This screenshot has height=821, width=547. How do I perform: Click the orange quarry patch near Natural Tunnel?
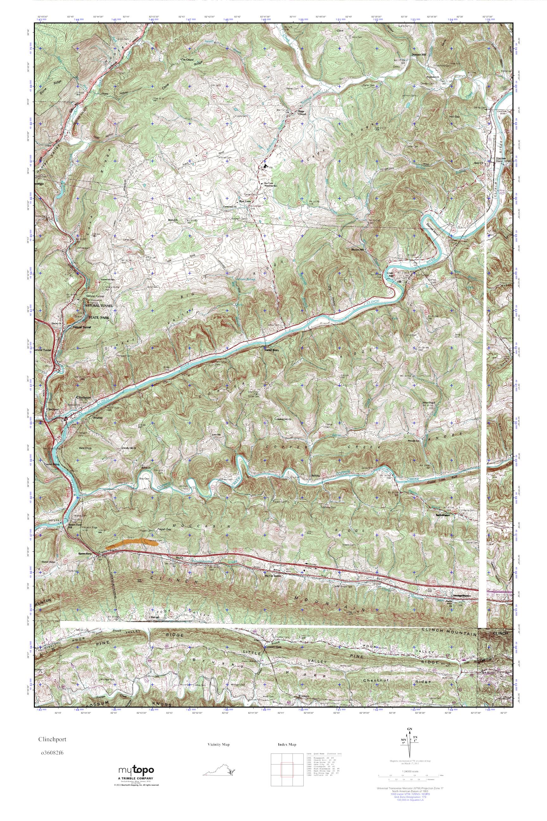click(x=71, y=319)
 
